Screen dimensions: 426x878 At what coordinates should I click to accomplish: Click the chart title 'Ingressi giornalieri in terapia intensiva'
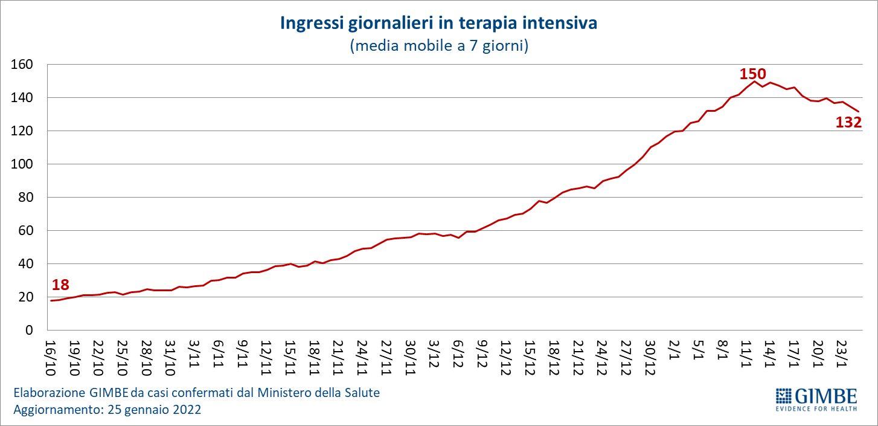click(438, 24)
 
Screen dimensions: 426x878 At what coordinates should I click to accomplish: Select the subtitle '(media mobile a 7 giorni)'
click(439, 46)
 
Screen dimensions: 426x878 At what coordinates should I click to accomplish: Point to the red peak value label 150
click(752, 74)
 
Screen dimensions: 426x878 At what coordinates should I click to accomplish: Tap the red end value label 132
click(848, 122)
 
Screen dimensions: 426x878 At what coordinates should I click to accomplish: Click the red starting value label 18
click(60, 285)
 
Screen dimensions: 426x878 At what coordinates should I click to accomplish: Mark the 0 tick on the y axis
click(28, 330)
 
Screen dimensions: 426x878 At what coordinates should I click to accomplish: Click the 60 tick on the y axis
click(25, 230)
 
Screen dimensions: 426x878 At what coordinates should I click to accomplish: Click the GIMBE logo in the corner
click(816, 397)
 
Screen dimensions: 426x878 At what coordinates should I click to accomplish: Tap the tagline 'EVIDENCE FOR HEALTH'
click(816, 409)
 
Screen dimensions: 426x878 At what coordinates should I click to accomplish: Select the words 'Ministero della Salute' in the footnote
click(319, 393)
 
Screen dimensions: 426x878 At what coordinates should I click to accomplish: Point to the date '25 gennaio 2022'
click(154, 409)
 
